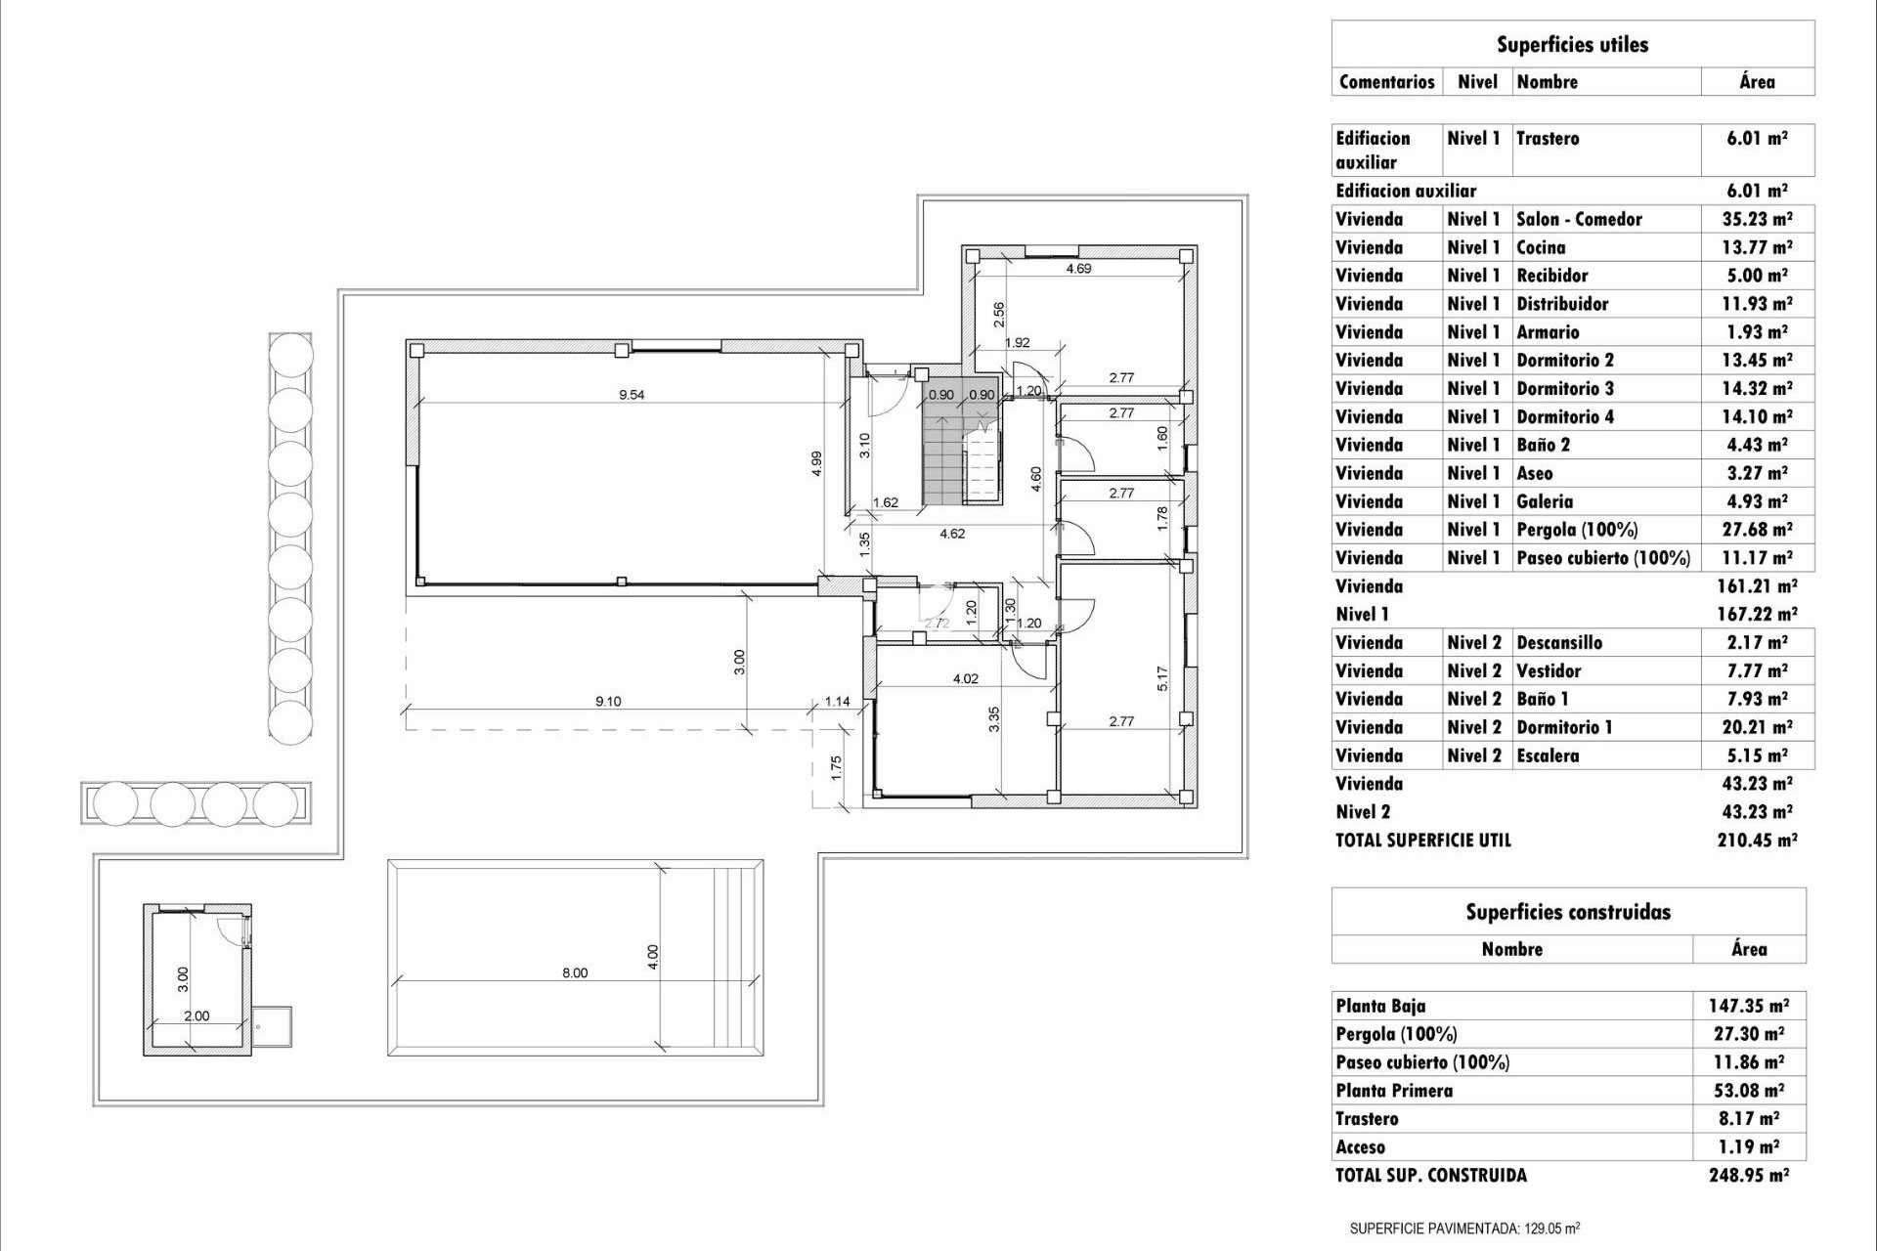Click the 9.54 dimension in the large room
click(632, 396)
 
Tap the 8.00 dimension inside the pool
click(575, 972)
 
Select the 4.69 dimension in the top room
click(1078, 269)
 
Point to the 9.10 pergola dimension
click(608, 701)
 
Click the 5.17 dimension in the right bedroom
click(1161, 677)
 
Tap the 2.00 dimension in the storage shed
click(196, 1015)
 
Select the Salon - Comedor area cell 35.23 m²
click(1757, 219)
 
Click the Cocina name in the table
click(1541, 247)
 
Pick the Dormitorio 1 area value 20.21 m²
click(1757, 727)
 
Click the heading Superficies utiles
click(1572, 45)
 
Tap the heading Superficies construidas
click(1568, 912)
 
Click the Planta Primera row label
click(1394, 1091)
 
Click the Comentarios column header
click(1386, 82)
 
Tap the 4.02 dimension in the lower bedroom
click(965, 678)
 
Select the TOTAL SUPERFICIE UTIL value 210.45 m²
click(1757, 840)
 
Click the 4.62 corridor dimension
click(952, 534)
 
